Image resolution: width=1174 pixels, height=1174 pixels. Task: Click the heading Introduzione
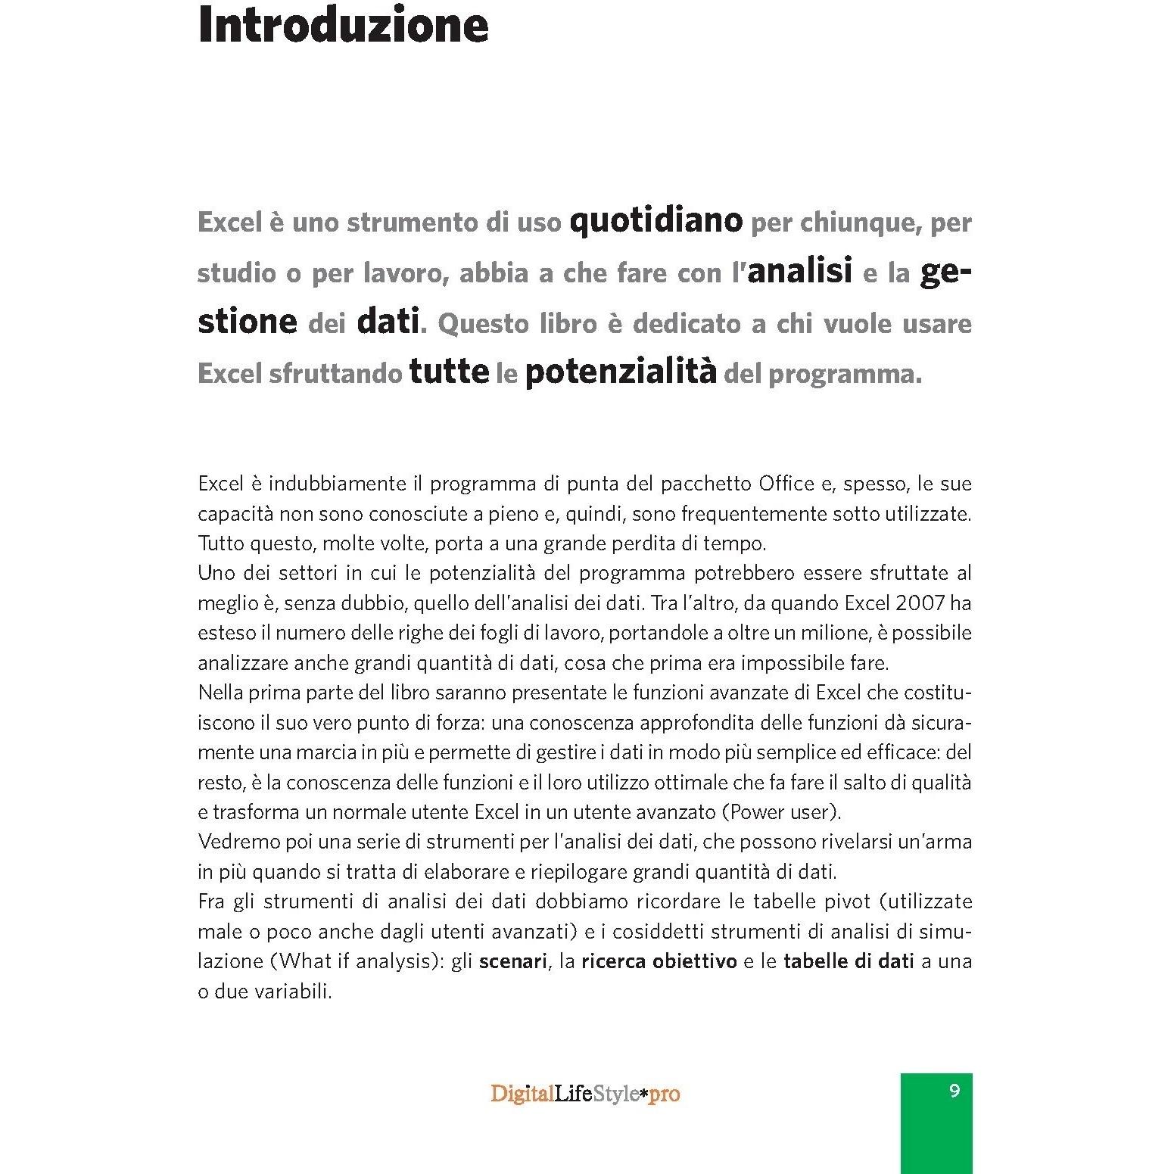[x=343, y=26]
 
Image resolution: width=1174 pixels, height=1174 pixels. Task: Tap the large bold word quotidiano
[x=656, y=221]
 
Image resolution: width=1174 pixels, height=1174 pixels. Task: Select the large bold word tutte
[x=449, y=372]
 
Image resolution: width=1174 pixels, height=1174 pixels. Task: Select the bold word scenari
[x=512, y=961]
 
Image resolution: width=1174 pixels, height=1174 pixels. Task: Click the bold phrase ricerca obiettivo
[x=659, y=961]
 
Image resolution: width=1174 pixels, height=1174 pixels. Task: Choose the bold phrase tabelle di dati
[x=849, y=961]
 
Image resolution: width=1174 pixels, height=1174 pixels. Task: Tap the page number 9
[x=954, y=1091]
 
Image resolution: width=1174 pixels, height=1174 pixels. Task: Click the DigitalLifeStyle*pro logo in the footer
[x=585, y=1095]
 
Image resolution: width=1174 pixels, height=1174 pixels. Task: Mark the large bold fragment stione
[x=248, y=322]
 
